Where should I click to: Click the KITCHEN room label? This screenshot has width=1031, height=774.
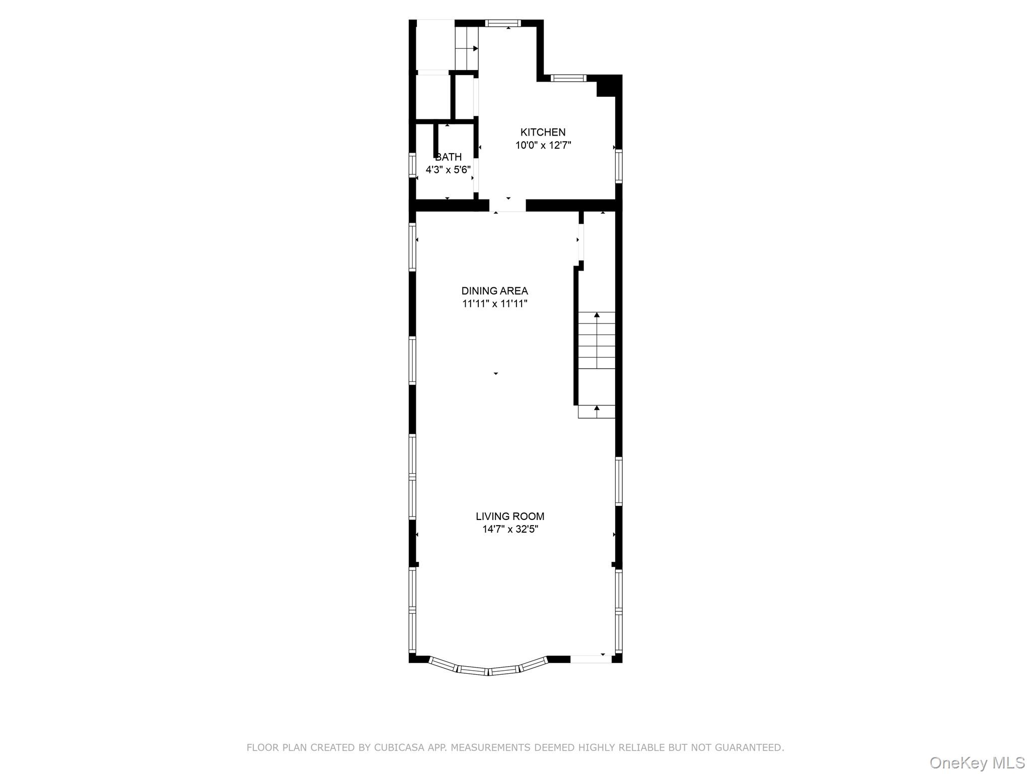tap(543, 132)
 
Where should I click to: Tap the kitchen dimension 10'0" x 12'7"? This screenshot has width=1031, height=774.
tap(543, 146)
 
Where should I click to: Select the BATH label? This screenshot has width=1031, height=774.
tap(448, 157)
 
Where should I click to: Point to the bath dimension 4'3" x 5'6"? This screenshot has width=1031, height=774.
tap(448, 170)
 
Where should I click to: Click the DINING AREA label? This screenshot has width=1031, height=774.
tap(494, 291)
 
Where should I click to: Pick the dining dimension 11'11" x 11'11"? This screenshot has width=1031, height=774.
tap(494, 304)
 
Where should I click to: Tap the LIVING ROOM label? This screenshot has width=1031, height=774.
tap(509, 516)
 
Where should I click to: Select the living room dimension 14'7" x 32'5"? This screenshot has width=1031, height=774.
tap(509, 529)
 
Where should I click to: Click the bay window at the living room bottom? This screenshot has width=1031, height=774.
tap(487, 668)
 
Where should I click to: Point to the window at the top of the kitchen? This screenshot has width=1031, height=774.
tap(502, 23)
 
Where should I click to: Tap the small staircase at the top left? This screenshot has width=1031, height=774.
tap(466, 48)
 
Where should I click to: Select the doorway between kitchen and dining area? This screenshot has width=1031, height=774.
tap(507, 206)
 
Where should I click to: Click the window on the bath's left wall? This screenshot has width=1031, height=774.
tap(412, 165)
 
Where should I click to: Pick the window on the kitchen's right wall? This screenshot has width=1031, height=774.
tap(619, 165)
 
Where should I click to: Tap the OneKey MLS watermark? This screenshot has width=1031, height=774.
tap(977, 762)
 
